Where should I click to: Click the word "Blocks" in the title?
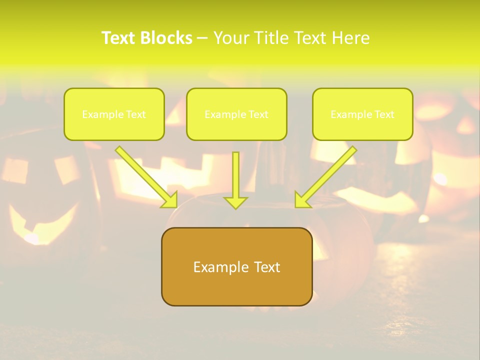166,38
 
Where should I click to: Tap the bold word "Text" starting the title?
119,38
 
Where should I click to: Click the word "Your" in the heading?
230,38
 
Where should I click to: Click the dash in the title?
202,38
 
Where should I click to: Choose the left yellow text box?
114,114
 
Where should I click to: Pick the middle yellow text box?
236,114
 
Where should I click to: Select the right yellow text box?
362,114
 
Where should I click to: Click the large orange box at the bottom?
236,266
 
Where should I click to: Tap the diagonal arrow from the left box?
145,175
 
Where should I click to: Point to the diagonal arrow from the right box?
327,175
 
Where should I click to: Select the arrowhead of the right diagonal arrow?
302,199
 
